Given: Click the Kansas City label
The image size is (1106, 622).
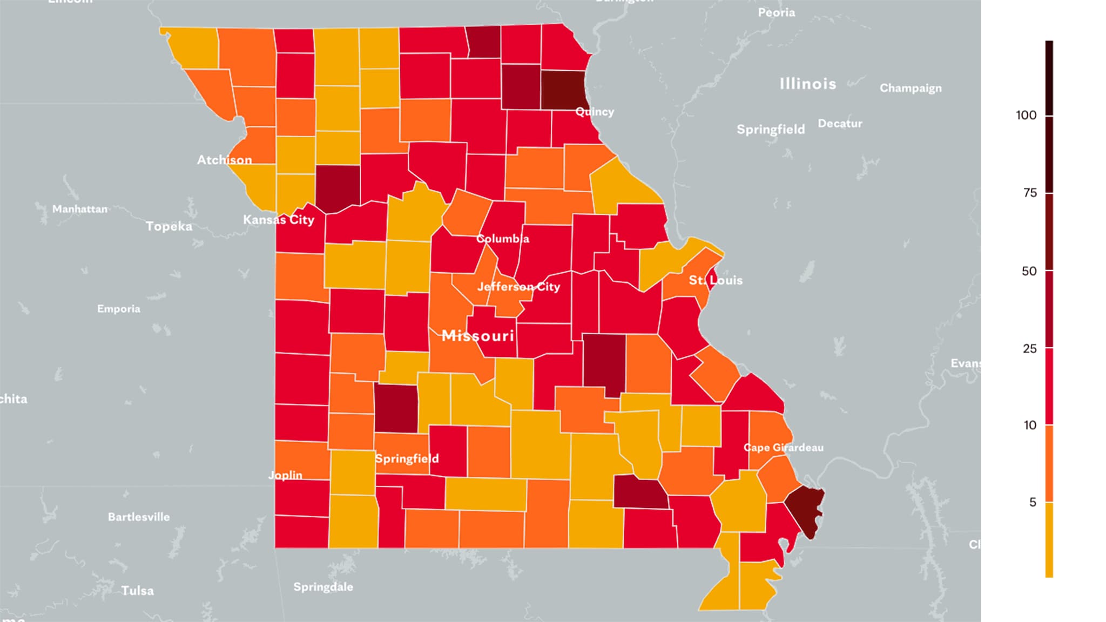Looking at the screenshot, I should click(x=278, y=220).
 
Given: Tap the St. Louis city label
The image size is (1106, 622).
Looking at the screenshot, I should click(x=716, y=280).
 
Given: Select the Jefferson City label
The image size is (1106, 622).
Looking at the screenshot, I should click(x=518, y=287).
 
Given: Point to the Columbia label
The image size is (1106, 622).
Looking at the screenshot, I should click(x=502, y=239).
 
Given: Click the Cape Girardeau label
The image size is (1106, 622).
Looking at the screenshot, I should click(x=783, y=448).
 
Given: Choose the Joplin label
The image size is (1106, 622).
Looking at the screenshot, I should click(x=285, y=475).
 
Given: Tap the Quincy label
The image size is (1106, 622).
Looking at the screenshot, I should click(x=595, y=112).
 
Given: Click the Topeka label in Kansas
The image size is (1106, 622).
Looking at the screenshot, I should click(x=168, y=226).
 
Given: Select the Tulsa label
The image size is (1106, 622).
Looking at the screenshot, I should click(x=137, y=591).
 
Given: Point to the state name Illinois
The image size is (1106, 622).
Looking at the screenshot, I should click(x=807, y=84).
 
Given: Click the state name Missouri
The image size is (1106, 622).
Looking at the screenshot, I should click(x=477, y=336).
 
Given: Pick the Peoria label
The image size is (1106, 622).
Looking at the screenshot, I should click(x=776, y=12).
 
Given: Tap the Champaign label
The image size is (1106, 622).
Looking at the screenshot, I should click(x=911, y=88).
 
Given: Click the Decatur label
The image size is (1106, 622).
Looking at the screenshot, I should click(x=840, y=124).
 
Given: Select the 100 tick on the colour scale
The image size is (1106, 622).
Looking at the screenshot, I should click(x=1026, y=115).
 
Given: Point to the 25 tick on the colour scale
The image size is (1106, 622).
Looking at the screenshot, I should click(x=1029, y=349).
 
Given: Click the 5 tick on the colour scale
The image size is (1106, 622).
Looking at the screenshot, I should click(x=1033, y=503).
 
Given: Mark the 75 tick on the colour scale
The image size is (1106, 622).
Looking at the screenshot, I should click(x=1029, y=193).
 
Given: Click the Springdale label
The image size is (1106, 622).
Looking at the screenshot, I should click(x=323, y=587).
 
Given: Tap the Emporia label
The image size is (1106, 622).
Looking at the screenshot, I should click(x=118, y=309).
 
